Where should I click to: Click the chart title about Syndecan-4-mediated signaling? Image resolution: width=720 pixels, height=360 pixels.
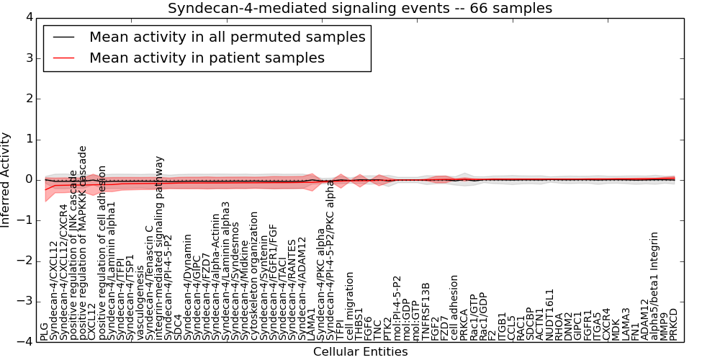coord(360,9)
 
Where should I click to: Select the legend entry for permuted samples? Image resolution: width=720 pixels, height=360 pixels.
coord(227,37)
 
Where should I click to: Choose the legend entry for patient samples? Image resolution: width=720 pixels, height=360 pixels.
coord(207,58)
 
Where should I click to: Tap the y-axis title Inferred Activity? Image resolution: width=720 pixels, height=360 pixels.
coord(6,180)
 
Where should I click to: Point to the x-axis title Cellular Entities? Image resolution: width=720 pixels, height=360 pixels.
coord(360,352)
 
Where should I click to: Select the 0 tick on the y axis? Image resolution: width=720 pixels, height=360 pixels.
coord(29,179)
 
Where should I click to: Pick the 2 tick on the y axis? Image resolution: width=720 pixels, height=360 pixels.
coord(29,99)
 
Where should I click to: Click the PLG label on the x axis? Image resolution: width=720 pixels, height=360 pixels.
coord(45,331)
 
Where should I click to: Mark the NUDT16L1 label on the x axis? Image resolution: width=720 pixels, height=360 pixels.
coord(550,315)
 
